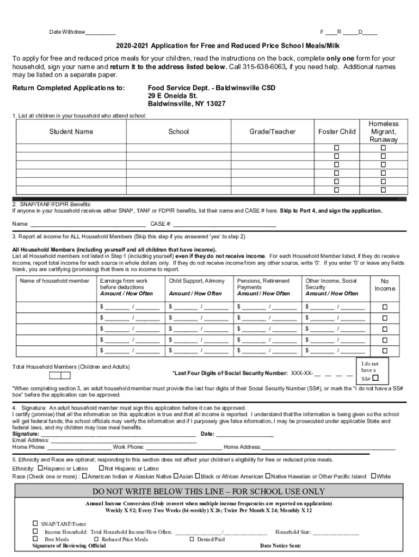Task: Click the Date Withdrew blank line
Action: coord(100,33)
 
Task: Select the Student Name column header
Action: coord(71,132)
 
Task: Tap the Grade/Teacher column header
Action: coord(273,132)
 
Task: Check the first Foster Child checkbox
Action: coord(336,148)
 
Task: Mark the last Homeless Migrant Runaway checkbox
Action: coord(383,190)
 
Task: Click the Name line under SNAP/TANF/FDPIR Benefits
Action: coord(88,224)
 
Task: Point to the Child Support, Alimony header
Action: coord(196,281)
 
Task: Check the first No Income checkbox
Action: coord(385,307)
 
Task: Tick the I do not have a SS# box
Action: coord(375,378)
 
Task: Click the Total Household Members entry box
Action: coord(60,375)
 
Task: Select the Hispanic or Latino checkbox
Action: coord(40,468)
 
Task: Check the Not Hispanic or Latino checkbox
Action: coord(101,468)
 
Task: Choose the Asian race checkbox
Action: coord(176,476)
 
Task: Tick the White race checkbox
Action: coord(373,476)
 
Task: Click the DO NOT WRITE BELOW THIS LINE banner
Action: coord(209,491)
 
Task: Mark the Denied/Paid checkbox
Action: coord(192,539)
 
